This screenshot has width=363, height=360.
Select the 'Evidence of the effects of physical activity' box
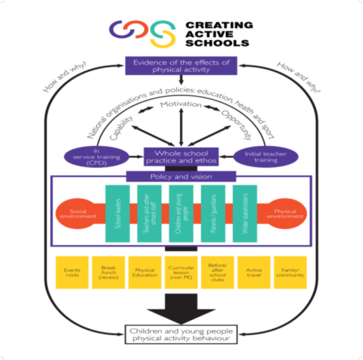(x=181, y=67)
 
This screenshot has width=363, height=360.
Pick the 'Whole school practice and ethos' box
(x=181, y=157)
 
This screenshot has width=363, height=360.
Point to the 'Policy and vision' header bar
(x=181, y=175)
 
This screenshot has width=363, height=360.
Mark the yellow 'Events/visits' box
(x=72, y=272)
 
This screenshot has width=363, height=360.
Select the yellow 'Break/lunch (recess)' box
(x=107, y=272)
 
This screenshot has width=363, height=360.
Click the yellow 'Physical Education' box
(x=144, y=272)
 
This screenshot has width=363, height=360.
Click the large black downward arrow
(x=181, y=306)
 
